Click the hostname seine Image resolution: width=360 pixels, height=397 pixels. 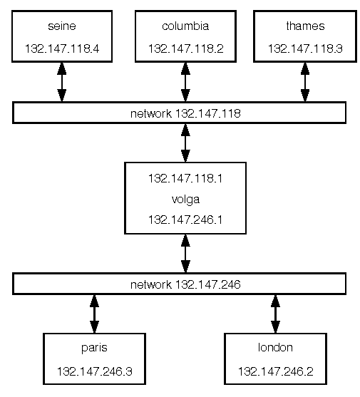coord(62,26)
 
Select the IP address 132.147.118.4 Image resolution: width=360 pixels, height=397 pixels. coord(62,48)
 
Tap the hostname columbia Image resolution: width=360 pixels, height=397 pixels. coord(185,26)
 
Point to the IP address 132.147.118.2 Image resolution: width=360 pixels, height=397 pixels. coord(185,48)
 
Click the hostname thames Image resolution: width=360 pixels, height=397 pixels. coord(305,26)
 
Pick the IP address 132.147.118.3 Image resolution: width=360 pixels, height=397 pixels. coord(305,48)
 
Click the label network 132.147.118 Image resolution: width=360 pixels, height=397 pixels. coord(185,113)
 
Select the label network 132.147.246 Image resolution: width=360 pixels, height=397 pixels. coord(185,284)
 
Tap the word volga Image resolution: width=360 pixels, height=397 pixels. coord(185,200)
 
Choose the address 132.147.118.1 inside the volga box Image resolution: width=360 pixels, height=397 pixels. coord(185,178)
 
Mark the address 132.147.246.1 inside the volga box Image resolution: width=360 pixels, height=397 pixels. coord(185,220)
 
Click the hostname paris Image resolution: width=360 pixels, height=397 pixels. coord(94,348)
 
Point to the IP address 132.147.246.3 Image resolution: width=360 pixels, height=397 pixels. coord(94,371)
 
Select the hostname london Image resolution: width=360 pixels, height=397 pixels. coord(275,347)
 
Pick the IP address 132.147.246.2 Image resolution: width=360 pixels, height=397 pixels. coord(275,371)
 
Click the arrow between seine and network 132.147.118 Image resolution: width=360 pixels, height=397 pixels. coord(62,82)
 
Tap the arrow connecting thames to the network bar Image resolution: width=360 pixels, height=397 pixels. coord(305,82)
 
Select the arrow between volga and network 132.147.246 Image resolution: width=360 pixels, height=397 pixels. coord(185,254)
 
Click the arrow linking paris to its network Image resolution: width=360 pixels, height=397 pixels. coord(94,314)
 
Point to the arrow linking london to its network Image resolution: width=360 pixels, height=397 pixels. coord(275,314)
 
